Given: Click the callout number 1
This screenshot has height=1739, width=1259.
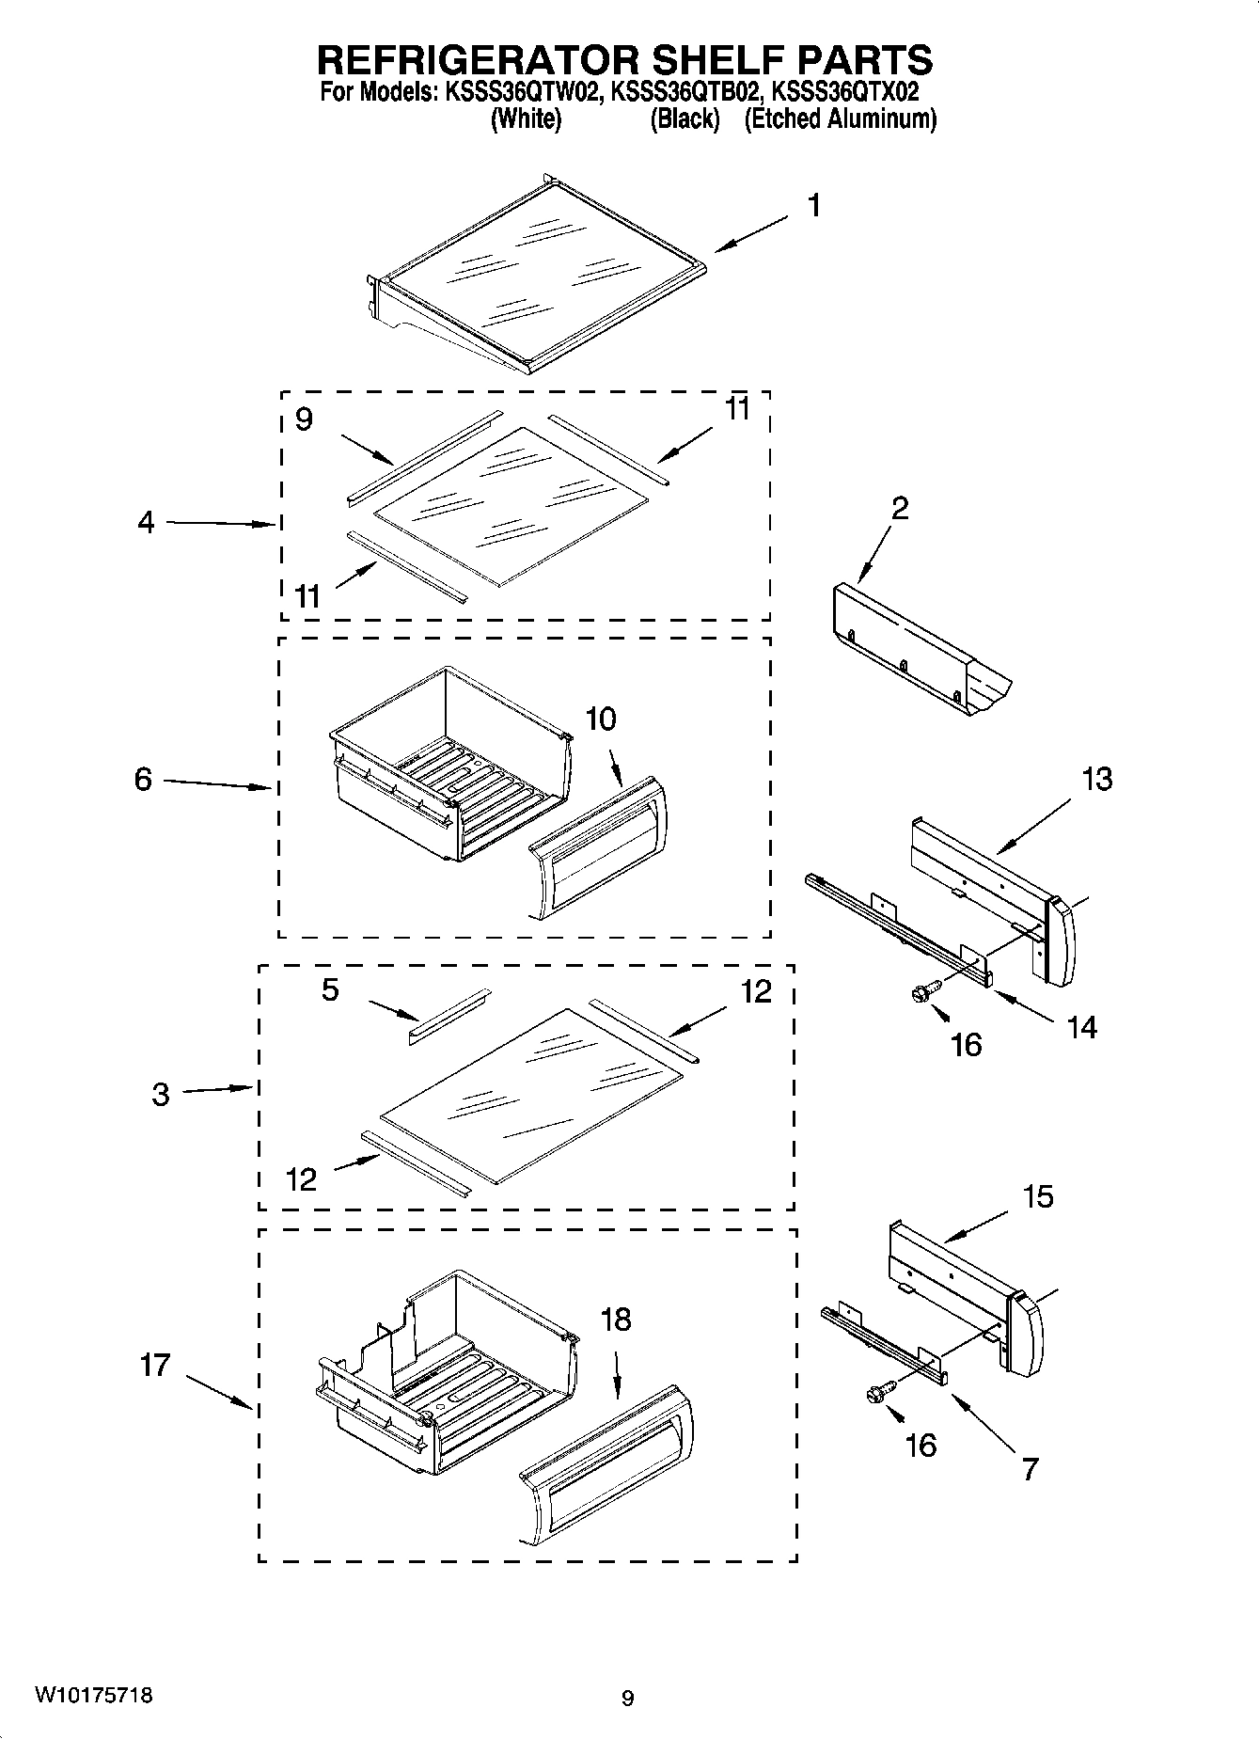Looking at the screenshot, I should point(815,205).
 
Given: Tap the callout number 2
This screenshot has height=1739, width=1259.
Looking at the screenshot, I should point(900,508).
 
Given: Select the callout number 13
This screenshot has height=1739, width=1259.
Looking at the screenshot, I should point(1097,779).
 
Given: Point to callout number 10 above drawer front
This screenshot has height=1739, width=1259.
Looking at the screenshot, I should point(601,719).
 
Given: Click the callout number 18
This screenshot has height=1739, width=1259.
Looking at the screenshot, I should point(616,1320).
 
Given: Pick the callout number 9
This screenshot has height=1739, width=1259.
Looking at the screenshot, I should point(304,419).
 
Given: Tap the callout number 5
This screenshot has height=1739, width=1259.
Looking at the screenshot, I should point(330,989).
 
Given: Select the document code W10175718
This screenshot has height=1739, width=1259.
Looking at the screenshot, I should point(93,1696).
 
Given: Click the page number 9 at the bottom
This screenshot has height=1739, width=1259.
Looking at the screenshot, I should point(628,1698).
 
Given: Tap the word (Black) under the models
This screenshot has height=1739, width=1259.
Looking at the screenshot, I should point(685,119).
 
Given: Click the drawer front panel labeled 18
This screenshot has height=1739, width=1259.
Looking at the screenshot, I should point(606,1465).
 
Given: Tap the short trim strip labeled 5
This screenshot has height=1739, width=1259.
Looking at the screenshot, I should point(449,1016).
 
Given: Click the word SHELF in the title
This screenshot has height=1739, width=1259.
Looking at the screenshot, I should point(683,59).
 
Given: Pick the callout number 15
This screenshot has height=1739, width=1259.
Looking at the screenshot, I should point(1038,1196).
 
